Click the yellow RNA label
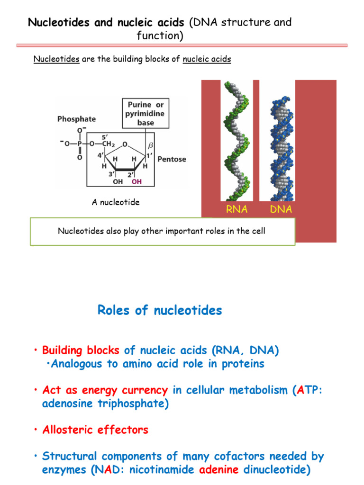[237, 209]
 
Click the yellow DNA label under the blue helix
[281, 209]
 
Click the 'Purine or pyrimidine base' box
[146, 114]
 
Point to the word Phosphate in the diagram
[76, 119]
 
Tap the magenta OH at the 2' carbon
[136, 181]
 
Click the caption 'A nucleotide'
[116, 202]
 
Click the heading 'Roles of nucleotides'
[160, 311]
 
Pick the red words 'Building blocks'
[81, 350]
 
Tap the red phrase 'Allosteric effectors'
[95, 430]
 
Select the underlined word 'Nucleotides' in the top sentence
[56, 59]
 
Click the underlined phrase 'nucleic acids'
[207, 59]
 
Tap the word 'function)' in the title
[160, 35]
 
